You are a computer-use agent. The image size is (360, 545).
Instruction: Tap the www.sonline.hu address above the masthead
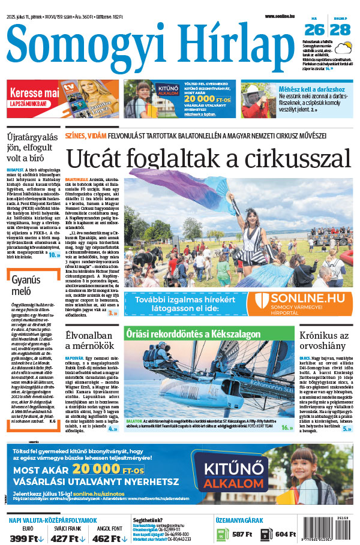click(281, 16)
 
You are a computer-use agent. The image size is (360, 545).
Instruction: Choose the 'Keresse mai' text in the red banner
click(35, 94)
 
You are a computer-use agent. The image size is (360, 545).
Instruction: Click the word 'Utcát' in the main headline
click(96, 158)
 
